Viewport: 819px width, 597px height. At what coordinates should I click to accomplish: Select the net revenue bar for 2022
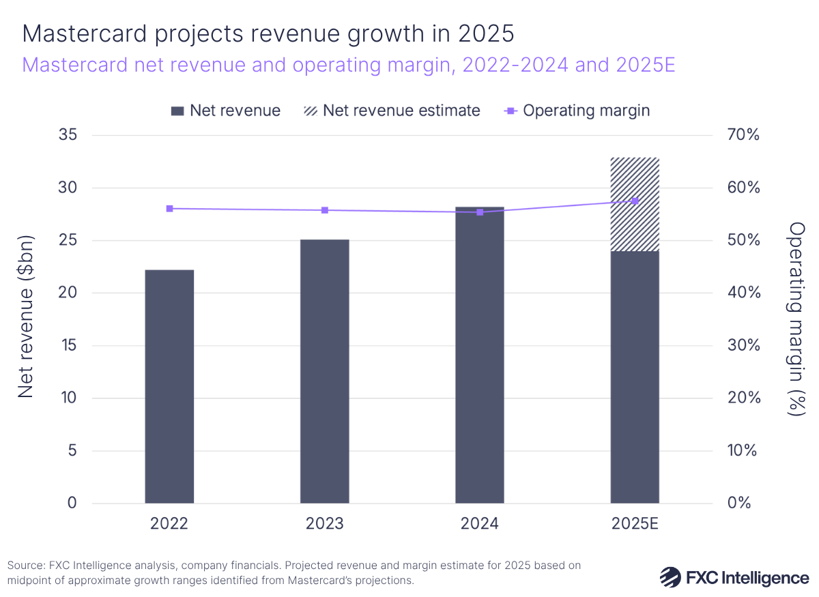(x=169, y=386)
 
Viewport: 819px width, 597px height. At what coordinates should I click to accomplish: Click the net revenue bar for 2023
(x=324, y=371)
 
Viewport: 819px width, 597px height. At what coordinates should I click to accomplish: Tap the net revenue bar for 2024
(x=479, y=355)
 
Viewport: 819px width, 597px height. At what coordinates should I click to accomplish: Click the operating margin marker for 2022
(x=169, y=209)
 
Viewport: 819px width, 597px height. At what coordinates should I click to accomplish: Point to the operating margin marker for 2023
(x=324, y=210)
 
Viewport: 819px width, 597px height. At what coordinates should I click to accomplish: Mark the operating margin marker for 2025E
(x=635, y=201)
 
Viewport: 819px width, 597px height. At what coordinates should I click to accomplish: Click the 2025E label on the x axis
(x=635, y=523)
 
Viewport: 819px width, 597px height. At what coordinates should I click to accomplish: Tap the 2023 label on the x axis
(x=324, y=523)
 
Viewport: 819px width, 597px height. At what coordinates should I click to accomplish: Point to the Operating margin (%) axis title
(x=796, y=319)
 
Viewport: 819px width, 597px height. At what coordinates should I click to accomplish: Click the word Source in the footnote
(x=25, y=566)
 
